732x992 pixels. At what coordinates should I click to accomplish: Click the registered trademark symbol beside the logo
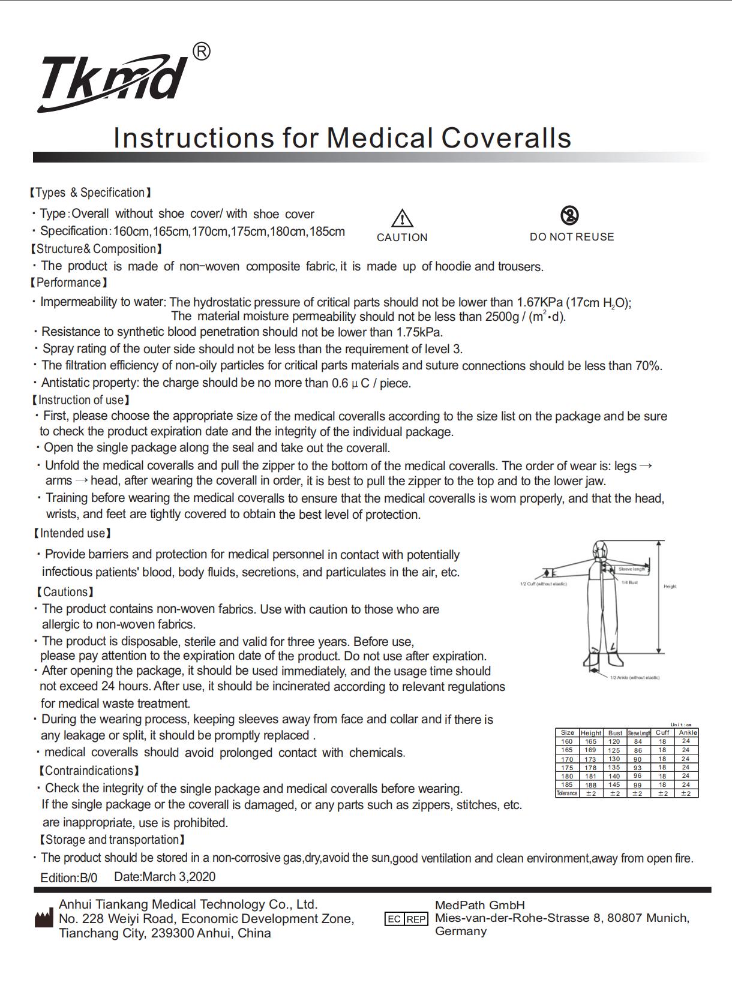[x=202, y=52]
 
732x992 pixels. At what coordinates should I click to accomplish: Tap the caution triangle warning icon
[x=402, y=218]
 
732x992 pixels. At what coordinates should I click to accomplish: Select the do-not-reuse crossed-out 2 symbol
[x=569, y=215]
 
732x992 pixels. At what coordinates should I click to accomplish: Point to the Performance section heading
[x=69, y=282]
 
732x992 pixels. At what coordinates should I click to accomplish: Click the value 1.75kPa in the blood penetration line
[x=419, y=332]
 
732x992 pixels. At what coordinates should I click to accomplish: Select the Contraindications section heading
[x=89, y=771]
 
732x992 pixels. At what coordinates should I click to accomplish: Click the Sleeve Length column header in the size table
[x=639, y=733]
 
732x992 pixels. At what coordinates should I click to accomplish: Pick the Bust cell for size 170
[x=614, y=759]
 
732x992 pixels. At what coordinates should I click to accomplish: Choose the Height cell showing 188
[x=591, y=784]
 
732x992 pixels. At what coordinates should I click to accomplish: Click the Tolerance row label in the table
[x=567, y=793]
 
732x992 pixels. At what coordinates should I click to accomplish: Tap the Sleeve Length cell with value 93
[x=638, y=768]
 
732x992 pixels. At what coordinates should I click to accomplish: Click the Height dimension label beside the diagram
[x=670, y=587]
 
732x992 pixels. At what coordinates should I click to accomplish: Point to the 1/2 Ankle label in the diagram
[x=634, y=678]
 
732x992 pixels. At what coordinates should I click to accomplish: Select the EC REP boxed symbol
[x=406, y=919]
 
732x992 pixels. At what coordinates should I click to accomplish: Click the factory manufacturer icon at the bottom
[x=43, y=918]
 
